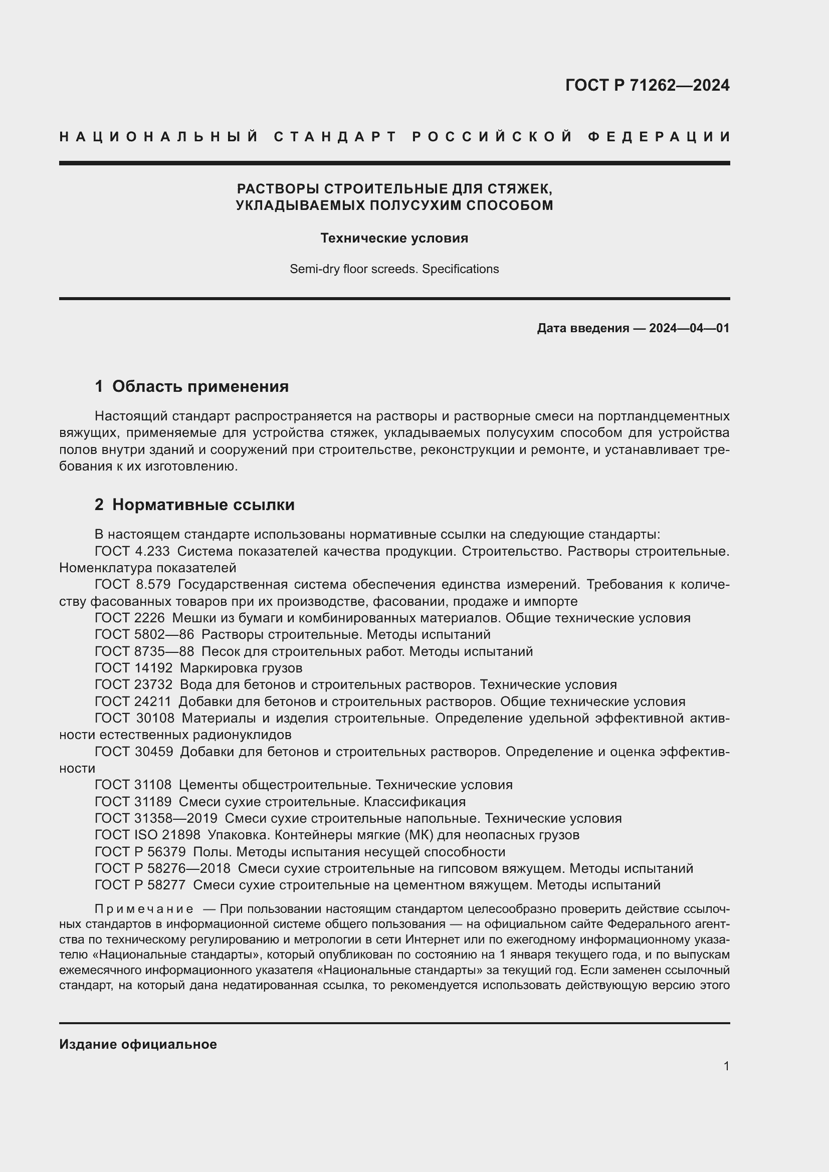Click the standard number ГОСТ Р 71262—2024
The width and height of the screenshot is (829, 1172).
click(647, 85)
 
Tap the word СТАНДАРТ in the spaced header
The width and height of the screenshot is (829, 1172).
click(335, 137)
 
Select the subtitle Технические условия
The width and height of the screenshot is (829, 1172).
click(394, 238)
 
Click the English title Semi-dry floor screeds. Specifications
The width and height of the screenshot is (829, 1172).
click(394, 269)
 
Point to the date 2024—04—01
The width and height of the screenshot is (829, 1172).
click(689, 328)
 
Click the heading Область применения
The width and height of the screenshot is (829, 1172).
click(200, 386)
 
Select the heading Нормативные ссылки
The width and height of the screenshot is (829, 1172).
click(203, 505)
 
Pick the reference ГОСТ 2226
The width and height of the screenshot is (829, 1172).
click(130, 618)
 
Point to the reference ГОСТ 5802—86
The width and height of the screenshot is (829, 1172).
click(144, 635)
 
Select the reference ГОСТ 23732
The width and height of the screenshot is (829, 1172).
click(134, 685)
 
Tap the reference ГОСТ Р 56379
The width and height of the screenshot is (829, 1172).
click(140, 852)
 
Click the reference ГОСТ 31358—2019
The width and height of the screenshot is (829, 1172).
click(156, 819)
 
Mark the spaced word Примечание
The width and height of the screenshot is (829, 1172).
click(144, 909)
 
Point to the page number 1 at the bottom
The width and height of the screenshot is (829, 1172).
click(726, 1066)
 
